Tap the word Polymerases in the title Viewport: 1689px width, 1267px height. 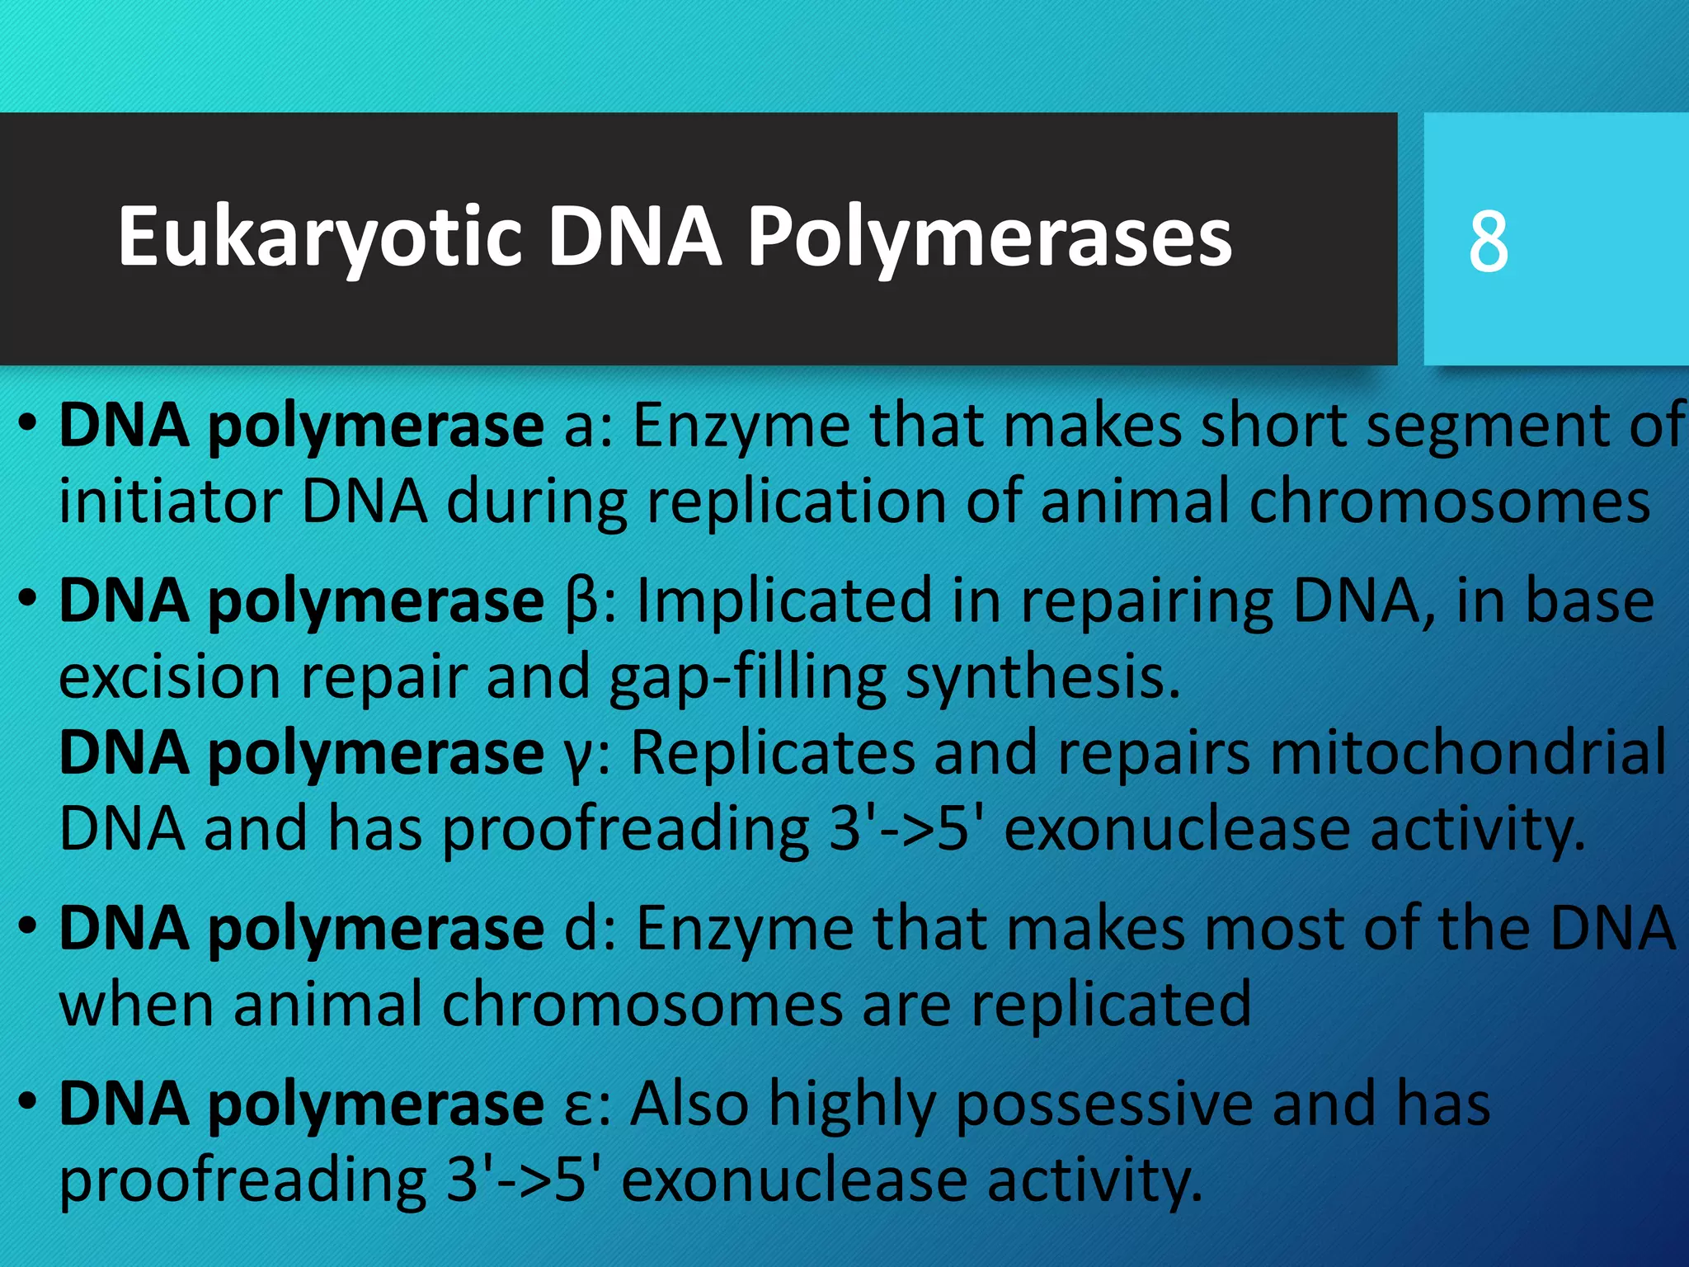click(989, 238)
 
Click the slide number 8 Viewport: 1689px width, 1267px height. click(1489, 241)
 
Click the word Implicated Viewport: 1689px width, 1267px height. click(783, 601)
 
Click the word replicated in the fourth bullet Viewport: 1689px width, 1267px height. click(1110, 1005)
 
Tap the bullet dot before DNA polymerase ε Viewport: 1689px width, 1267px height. click(28, 1100)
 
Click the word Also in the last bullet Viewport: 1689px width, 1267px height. click(689, 1104)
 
